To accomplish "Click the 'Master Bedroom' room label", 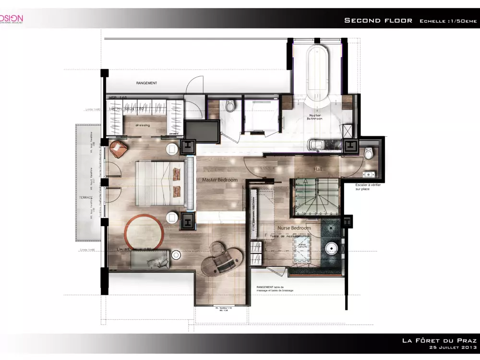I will tap(220, 180).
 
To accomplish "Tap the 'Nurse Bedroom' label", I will tap(294, 228).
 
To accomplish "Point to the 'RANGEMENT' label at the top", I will tap(146, 83).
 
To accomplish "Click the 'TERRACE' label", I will tap(85, 197).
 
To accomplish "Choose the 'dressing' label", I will tap(143, 125).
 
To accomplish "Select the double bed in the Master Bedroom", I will tap(161, 185).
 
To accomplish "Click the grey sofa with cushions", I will tap(150, 260).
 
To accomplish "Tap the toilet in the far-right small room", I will tap(368, 153).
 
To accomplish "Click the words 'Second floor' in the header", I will tap(378, 21).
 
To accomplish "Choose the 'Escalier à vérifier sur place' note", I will tap(368, 187).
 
